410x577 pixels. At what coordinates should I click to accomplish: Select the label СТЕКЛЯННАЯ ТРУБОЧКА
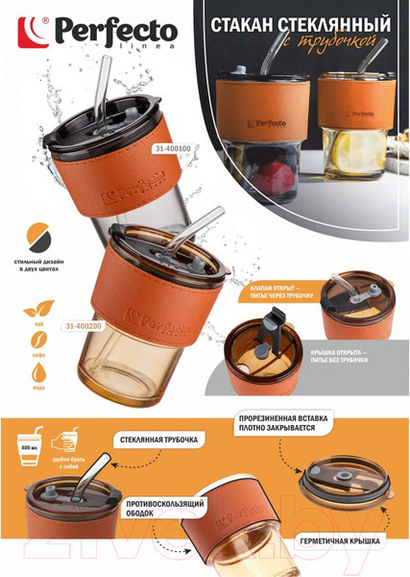[x=159, y=439]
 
